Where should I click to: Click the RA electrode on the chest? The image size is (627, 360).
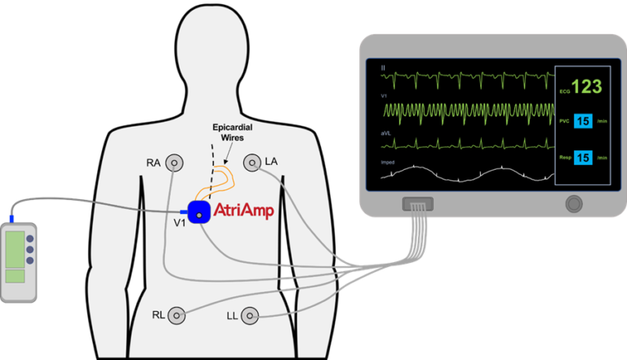pos(173,163)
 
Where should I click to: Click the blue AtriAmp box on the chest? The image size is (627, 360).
pos(198,213)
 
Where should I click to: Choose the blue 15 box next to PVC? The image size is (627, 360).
pos(583,122)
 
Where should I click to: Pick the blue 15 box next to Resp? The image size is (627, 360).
pos(583,157)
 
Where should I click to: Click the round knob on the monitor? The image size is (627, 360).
pos(574,202)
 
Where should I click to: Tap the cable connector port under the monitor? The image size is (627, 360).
pos(417,204)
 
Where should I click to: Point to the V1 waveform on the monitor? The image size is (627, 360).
pos(465,110)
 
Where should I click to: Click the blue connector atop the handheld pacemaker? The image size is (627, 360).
pos(13,219)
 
